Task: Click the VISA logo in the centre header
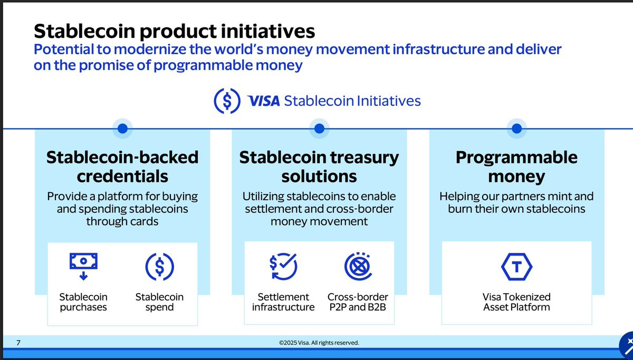(x=263, y=101)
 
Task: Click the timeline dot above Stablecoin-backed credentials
(x=122, y=129)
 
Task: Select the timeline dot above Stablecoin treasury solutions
(x=319, y=129)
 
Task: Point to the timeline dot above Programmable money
(x=516, y=129)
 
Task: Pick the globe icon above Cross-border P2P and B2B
(x=358, y=266)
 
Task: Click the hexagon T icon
(x=516, y=267)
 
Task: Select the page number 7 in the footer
(x=18, y=343)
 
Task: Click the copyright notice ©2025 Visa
(x=319, y=343)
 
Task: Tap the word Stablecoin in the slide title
(x=84, y=31)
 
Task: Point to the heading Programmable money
(x=516, y=167)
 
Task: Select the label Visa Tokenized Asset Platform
(x=516, y=302)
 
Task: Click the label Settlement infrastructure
(x=283, y=302)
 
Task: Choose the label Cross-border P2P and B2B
(x=358, y=302)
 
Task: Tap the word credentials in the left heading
(x=122, y=177)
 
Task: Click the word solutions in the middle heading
(x=319, y=177)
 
